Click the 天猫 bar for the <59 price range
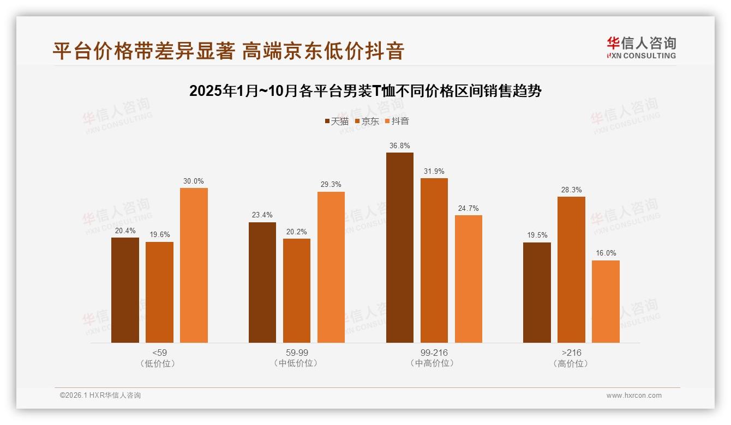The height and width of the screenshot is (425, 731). point(125,290)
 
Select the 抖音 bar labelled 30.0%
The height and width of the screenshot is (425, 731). point(194,265)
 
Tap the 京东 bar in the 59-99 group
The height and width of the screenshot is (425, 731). point(297,290)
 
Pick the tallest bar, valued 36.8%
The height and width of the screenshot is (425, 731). point(400,247)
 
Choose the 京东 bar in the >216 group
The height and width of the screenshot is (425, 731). point(571,270)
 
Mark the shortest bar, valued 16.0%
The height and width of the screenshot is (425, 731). point(606,301)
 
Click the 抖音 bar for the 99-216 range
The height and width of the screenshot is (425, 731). point(469,279)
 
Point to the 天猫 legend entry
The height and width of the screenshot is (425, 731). point(337,122)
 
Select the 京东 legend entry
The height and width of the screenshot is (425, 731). point(367,122)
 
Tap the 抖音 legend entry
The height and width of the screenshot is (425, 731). point(397,122)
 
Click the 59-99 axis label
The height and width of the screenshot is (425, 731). point(297,353)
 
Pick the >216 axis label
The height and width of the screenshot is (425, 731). point(571,353)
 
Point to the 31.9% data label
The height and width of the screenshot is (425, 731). point(434,171)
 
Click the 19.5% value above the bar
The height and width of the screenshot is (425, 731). point(537,235)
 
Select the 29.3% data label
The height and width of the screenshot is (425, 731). point(331,185)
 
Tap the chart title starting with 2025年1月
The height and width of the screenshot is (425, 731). point(366,91)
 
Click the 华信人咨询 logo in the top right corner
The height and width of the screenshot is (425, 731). point(641,47)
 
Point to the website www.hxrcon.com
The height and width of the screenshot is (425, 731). point(634,396)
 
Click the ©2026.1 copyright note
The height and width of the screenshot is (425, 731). point(100,396)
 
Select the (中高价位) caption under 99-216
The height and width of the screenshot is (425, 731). point(434,363)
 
